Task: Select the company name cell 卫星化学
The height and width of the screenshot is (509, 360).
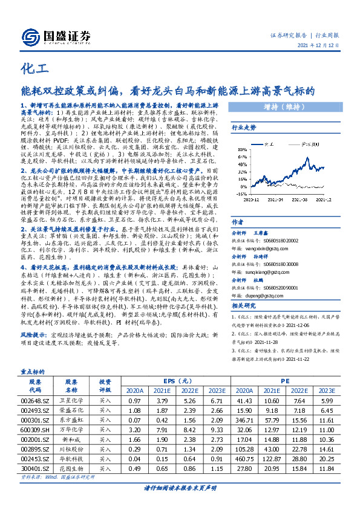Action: pos(73,401)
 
